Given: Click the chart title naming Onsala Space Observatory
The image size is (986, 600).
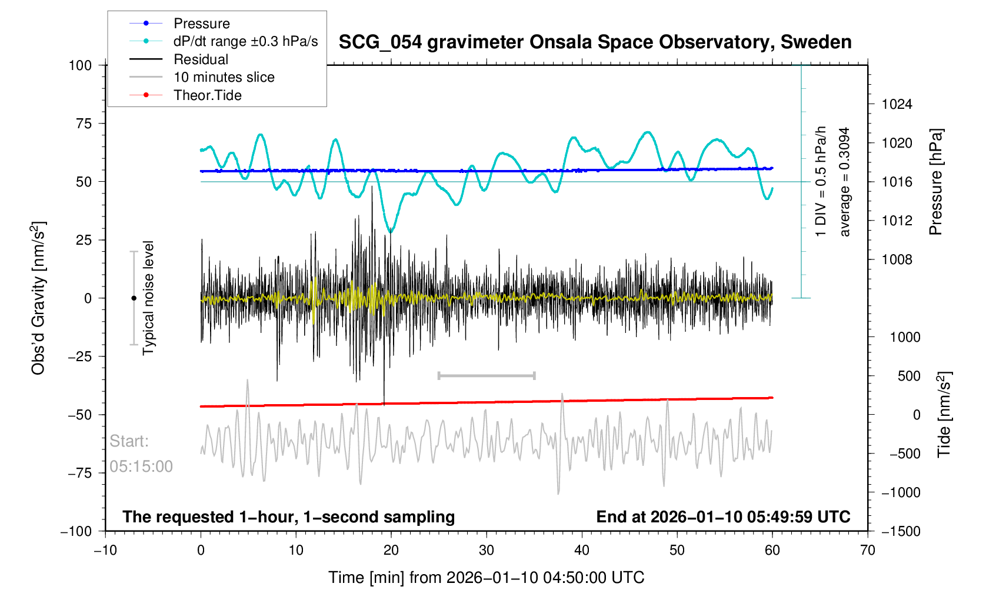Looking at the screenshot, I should [x=595, y=42].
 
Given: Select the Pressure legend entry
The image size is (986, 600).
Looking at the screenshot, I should [x=201, y=24].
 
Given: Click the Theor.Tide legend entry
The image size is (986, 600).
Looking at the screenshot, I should [x=207, y=95].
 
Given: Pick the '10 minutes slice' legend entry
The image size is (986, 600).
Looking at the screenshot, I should [x=224, y=77].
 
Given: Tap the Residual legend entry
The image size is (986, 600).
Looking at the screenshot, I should [x=201, y=59].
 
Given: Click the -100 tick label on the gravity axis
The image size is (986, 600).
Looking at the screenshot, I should [x=76, y=531].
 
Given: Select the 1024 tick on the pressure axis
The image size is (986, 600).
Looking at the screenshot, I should [x=897, y=104].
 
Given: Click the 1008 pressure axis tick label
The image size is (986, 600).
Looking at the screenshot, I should [x=897, y=259].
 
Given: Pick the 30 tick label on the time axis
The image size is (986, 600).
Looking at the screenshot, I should [x=487, y=550].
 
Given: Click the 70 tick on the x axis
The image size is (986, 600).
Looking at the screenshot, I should [x=867, y=550].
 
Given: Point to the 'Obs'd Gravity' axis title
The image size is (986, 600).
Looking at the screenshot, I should [x=38, y=298].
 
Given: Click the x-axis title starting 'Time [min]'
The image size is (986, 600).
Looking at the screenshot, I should [x=487, y=578].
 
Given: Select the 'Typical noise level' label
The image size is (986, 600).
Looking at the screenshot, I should [x=148, y=298].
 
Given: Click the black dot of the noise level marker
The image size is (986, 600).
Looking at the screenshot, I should [x=134, y=298].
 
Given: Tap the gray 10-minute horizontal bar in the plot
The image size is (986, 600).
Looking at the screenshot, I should [x=487, y=375].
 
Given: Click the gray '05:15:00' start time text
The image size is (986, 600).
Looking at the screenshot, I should [x=141, y=466].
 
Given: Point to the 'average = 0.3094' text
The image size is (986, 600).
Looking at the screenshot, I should [x=845, y=182].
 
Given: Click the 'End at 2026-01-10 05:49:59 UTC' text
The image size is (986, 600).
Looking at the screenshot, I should [x=723, y=517].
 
